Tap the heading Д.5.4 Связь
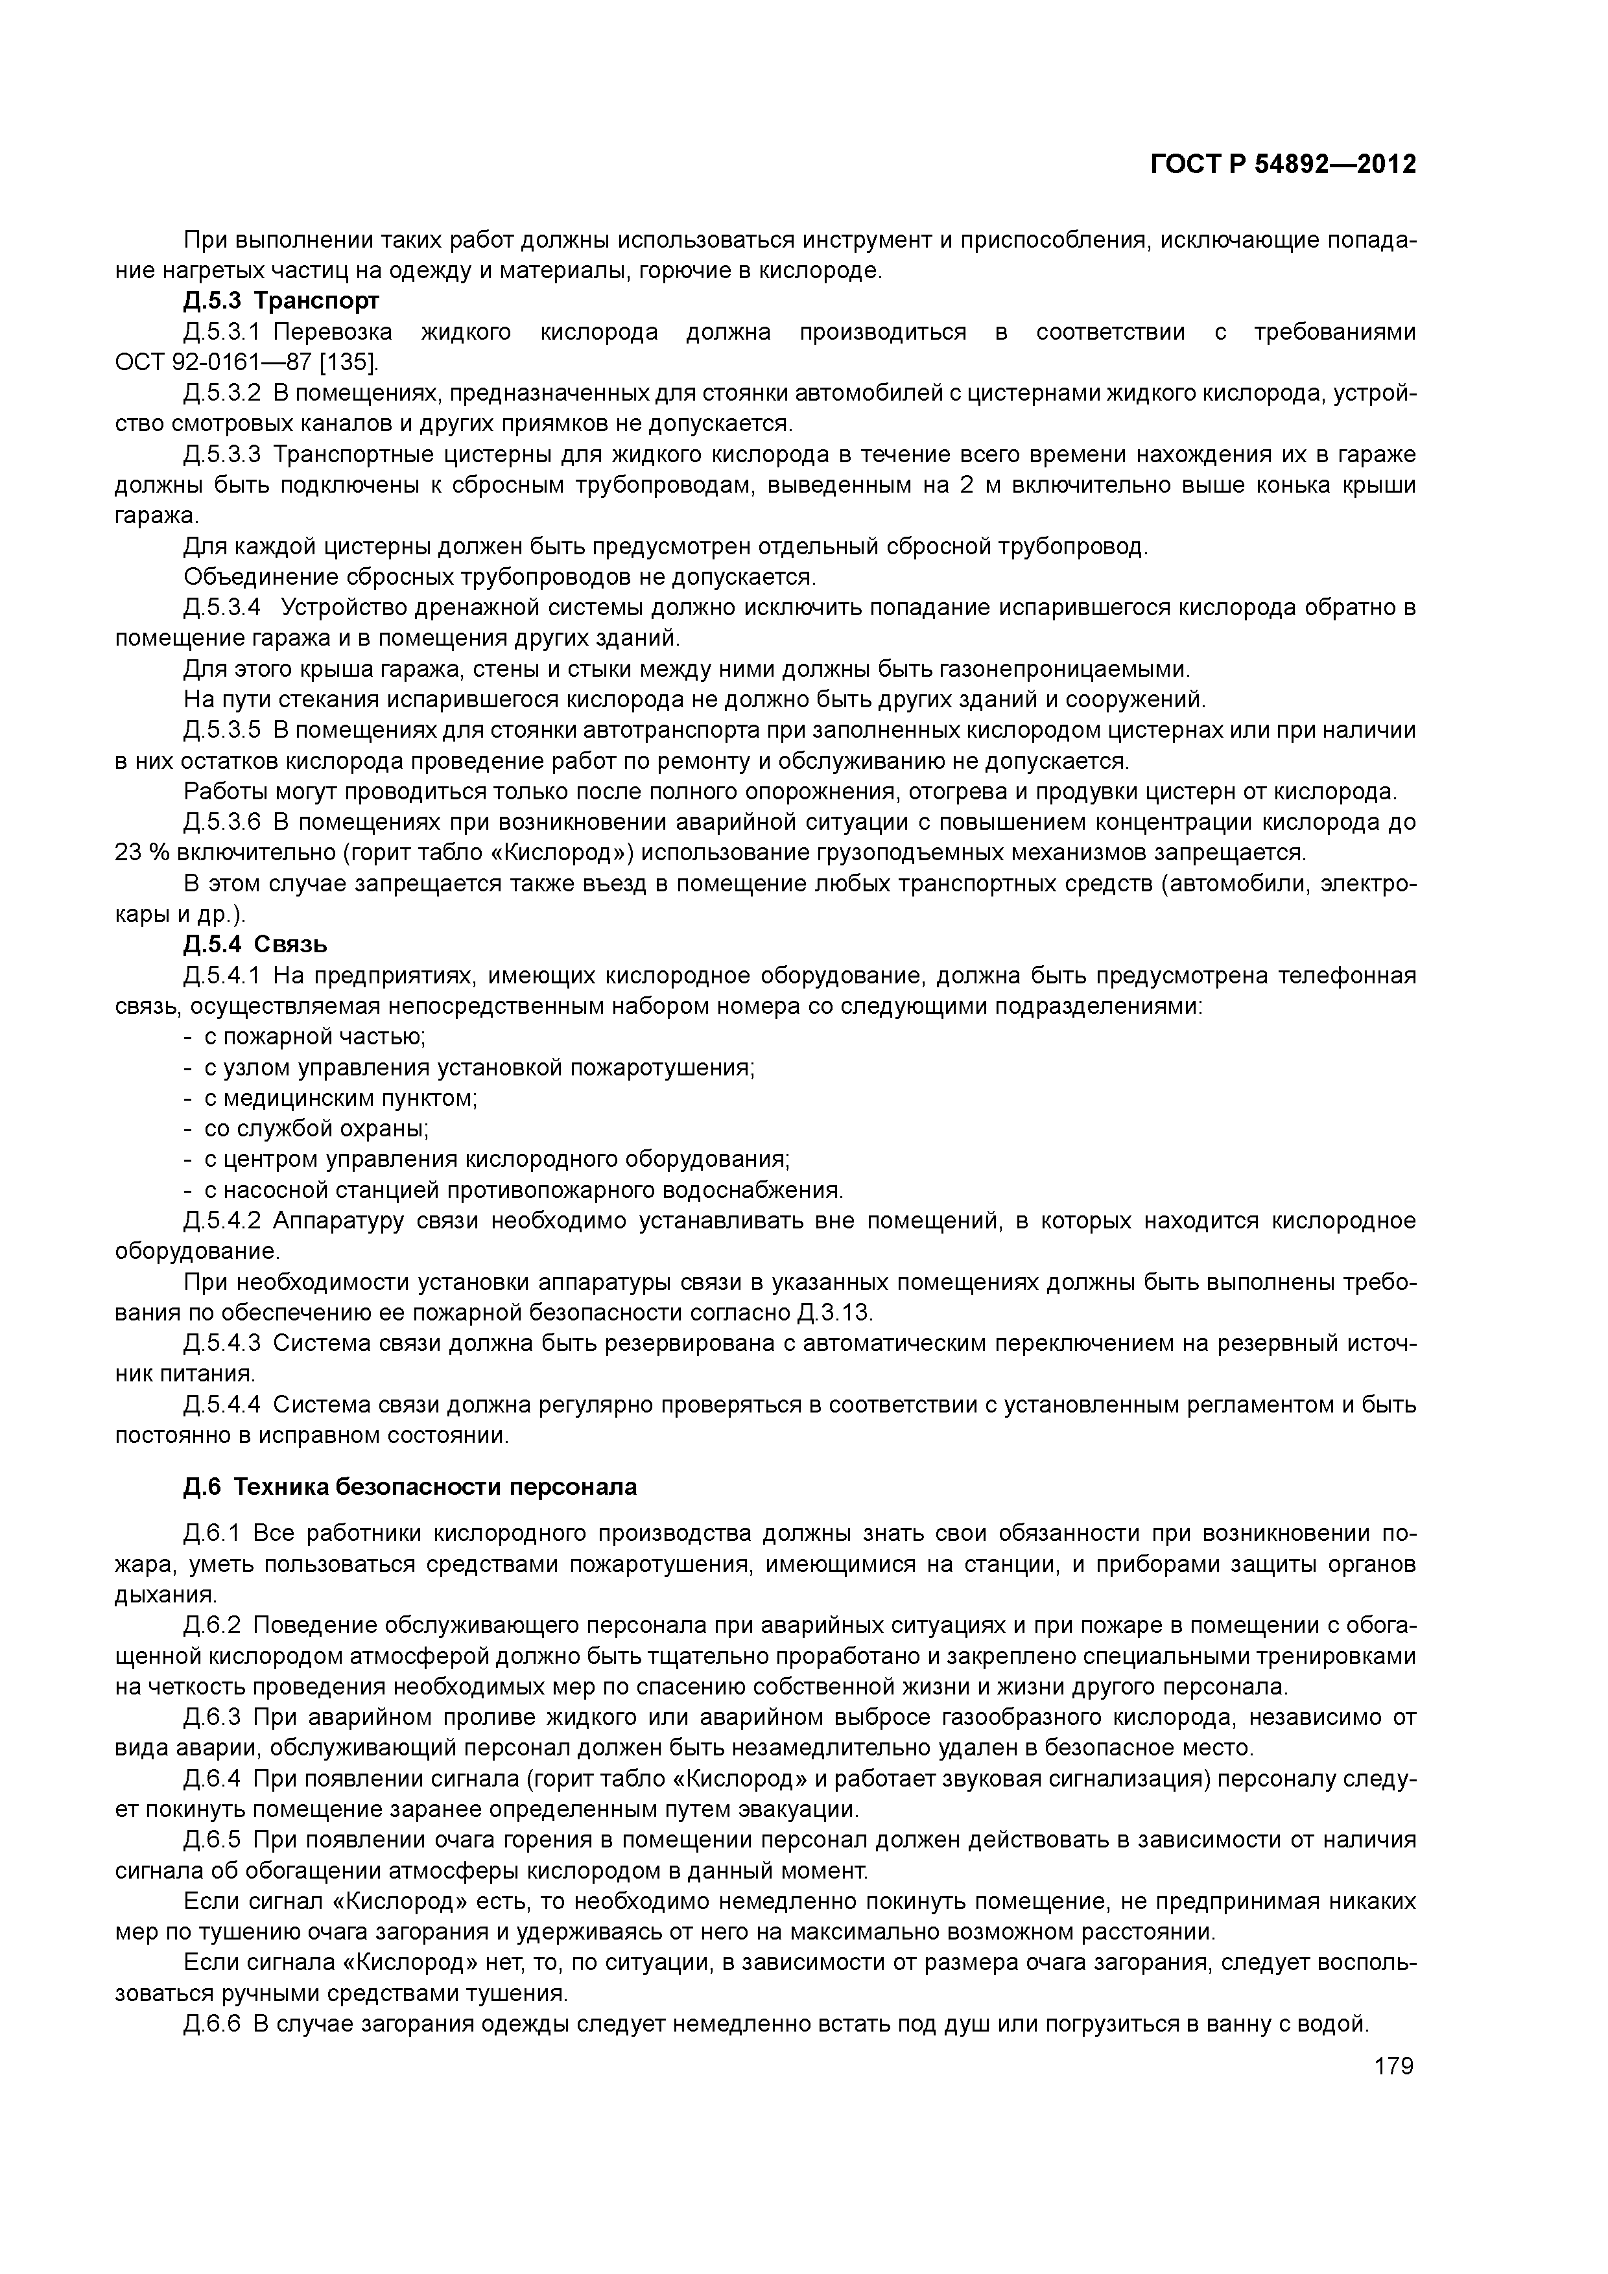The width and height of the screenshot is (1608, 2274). pos(255,944)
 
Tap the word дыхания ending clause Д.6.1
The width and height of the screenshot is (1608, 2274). pos(165,1595)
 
